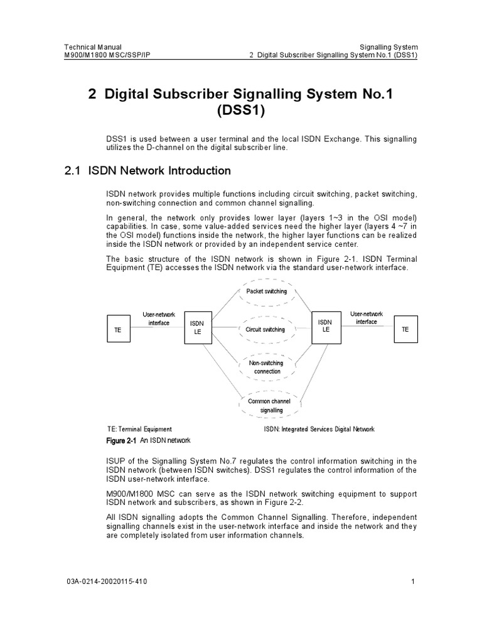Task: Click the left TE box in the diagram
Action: tap(117, 328)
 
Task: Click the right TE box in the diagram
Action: tap(405, 328)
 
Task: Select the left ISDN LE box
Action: tap(197, 327)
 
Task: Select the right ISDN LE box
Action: tap(325, 326)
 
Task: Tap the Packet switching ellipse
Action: tap(267, 291)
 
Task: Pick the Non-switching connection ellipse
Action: tap(267, 367)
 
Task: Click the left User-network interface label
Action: tap(159, 318)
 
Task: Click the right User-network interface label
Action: tap(367, 317)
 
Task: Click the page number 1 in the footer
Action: tap(414, 581)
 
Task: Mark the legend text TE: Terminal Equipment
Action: tap(139, 430)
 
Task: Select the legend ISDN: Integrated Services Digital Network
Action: tap(319, 430)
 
